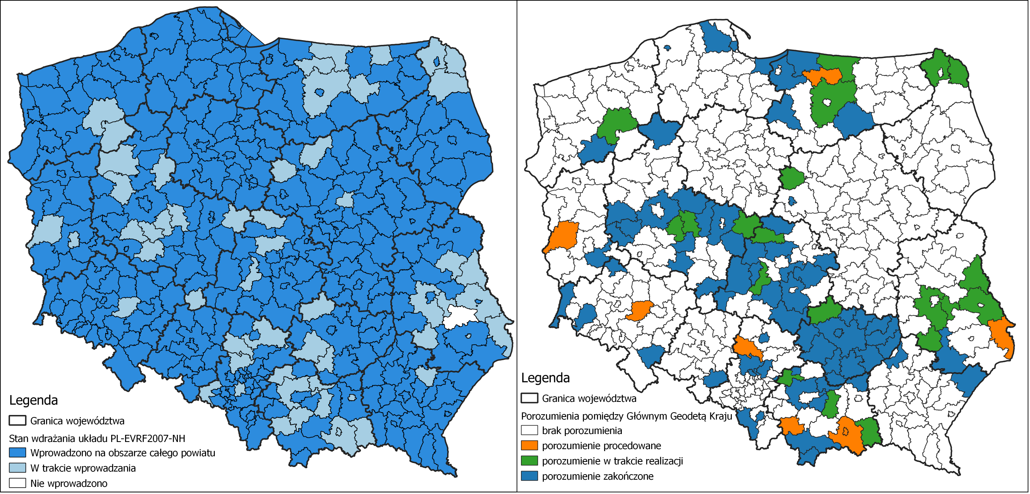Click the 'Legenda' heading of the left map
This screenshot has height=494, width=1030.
click(34, 400)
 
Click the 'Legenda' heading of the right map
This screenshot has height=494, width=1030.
click(546, 378)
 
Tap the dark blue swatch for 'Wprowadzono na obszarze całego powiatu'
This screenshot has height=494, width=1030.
click(17, 453)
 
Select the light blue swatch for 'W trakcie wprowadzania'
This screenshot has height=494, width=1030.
click(17, 468)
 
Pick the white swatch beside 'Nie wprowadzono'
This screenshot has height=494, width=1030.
click(17, 483)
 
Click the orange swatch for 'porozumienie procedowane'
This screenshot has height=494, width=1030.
click(529, 446)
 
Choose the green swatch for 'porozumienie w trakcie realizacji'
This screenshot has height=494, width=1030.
click(529, 461)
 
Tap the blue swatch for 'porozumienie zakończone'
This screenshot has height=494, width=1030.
click(529, 476)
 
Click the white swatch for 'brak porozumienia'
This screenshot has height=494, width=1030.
click(529, 430)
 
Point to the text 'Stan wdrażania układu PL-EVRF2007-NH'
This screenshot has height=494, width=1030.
click(97, 438)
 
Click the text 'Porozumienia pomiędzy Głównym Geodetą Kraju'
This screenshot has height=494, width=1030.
click(626, 416)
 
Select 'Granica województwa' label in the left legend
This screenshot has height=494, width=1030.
click(77, 421)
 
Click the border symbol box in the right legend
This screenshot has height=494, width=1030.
click(529, 398)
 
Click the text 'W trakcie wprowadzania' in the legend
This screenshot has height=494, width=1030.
click(83, 468)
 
